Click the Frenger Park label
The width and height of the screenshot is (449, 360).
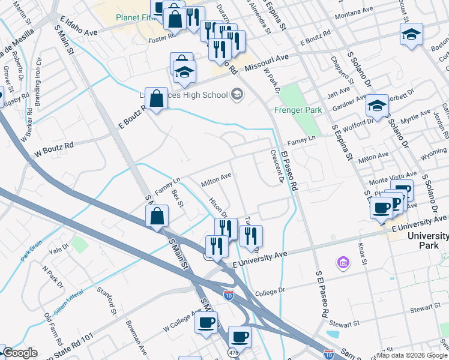coord(298,110)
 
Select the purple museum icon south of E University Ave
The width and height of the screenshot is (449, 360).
coord(343,262)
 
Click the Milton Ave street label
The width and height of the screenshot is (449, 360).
coord(216,179)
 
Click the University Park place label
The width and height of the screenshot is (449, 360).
coord(428,241)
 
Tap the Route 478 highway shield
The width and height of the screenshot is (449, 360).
coord(232,352)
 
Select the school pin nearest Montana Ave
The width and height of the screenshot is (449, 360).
coord(411,34)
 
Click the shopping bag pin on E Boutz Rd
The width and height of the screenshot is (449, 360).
coord(156,98)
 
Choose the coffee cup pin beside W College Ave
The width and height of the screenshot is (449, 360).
coord(206,323)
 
